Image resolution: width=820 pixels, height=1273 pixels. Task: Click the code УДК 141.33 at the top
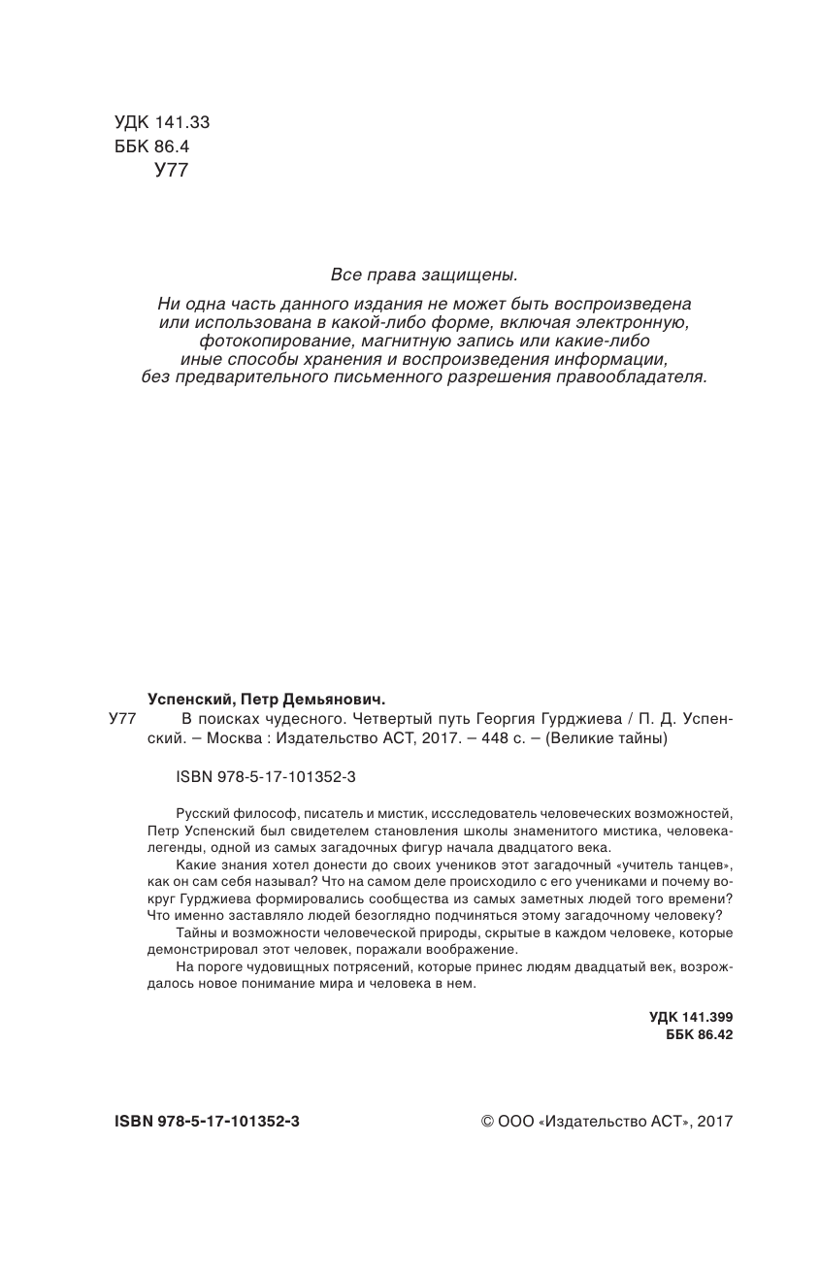pyautogui.click(x=162, y=123)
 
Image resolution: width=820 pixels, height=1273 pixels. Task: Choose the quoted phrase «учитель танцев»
pyautogui.click(x=676, y=865)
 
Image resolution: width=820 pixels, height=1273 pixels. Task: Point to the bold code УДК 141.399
pyautogui.click(x=690, y=1017)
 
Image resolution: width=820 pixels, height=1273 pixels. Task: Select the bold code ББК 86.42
pyautogui.click(x=699, y=1034)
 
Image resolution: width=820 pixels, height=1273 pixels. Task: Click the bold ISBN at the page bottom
pyautogui.click(x=208, y=1121)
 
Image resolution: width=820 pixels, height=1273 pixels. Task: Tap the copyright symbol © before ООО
pyautogui.click(x=488, y=1121)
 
